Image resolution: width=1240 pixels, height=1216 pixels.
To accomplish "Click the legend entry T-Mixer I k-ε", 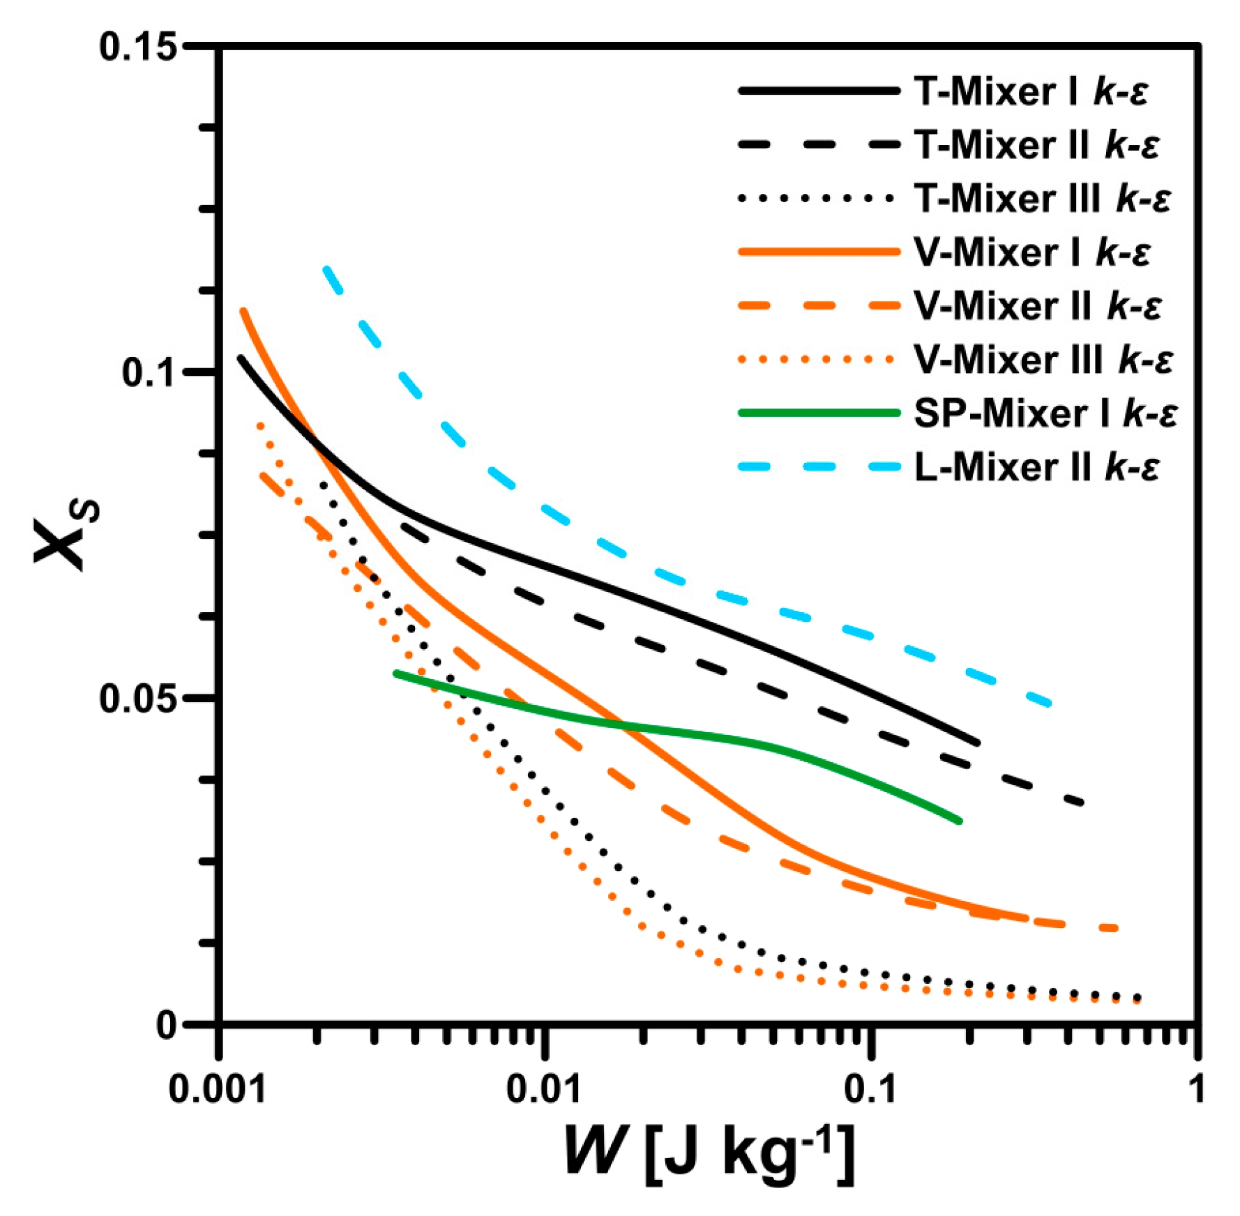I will coord(1030,92).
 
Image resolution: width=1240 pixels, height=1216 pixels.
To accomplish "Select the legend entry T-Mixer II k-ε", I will coord(1036,146).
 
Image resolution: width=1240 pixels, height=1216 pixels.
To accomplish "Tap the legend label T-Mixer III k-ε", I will coord(1042,199).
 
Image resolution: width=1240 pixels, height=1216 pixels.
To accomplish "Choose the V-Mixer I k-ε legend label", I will coord(1031,252).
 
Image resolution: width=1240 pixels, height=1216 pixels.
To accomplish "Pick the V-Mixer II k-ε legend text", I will coord(1037,306).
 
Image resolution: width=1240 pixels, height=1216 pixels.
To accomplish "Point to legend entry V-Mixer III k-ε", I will coord(1043,360).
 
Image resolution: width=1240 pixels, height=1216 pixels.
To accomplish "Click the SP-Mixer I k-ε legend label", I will coord(1045,413).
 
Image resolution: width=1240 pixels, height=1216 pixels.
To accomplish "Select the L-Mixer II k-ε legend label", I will coord(1036,467).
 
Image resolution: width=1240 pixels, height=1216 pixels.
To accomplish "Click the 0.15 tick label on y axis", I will coord(137,47).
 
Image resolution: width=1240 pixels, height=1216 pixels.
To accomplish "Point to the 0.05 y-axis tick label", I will coord(137,699).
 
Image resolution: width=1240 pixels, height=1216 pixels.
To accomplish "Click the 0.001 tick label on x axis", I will coord(218,1088).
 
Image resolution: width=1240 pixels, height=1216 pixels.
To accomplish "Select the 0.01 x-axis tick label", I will coord(543,1088).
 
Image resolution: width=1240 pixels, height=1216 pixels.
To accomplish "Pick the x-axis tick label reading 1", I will coord(1197,1088).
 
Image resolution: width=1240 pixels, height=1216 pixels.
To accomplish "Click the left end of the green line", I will coord(396,674).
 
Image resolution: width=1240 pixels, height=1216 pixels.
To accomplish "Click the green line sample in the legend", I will coord(819,413).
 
